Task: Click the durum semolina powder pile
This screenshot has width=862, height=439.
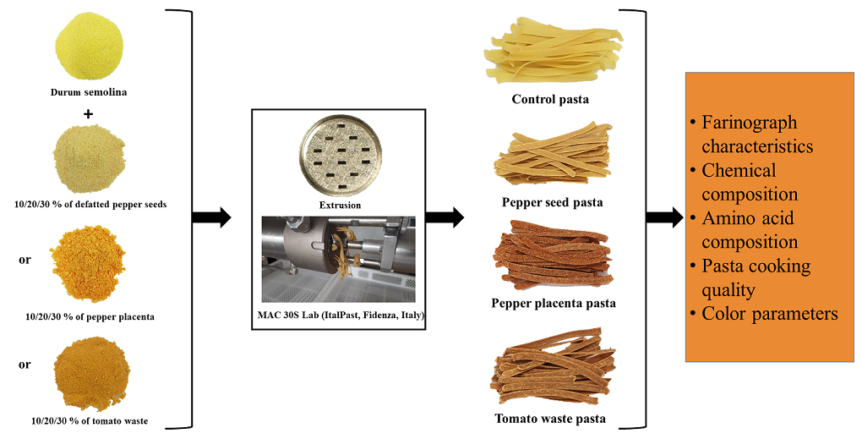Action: [x=88, y=47]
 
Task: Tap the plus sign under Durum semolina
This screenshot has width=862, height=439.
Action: [x=88, y=112]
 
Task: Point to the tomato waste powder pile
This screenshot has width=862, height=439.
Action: [x=91, y=370]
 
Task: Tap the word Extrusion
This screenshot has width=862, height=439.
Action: [x=339, y=206]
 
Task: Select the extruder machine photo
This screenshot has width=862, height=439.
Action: [x=338, y=259]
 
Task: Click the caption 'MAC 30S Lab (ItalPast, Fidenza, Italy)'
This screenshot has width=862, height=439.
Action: [x=339, y=315]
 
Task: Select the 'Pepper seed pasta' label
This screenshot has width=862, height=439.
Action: [x=551, y=202]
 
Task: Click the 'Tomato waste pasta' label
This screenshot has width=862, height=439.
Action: [x=550, y=418]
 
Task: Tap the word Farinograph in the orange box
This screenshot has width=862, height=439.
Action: [x=749, y=122]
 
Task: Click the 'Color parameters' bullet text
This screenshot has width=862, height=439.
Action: [x=769, y=314]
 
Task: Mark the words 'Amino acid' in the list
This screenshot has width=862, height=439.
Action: [x=748, y=218]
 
